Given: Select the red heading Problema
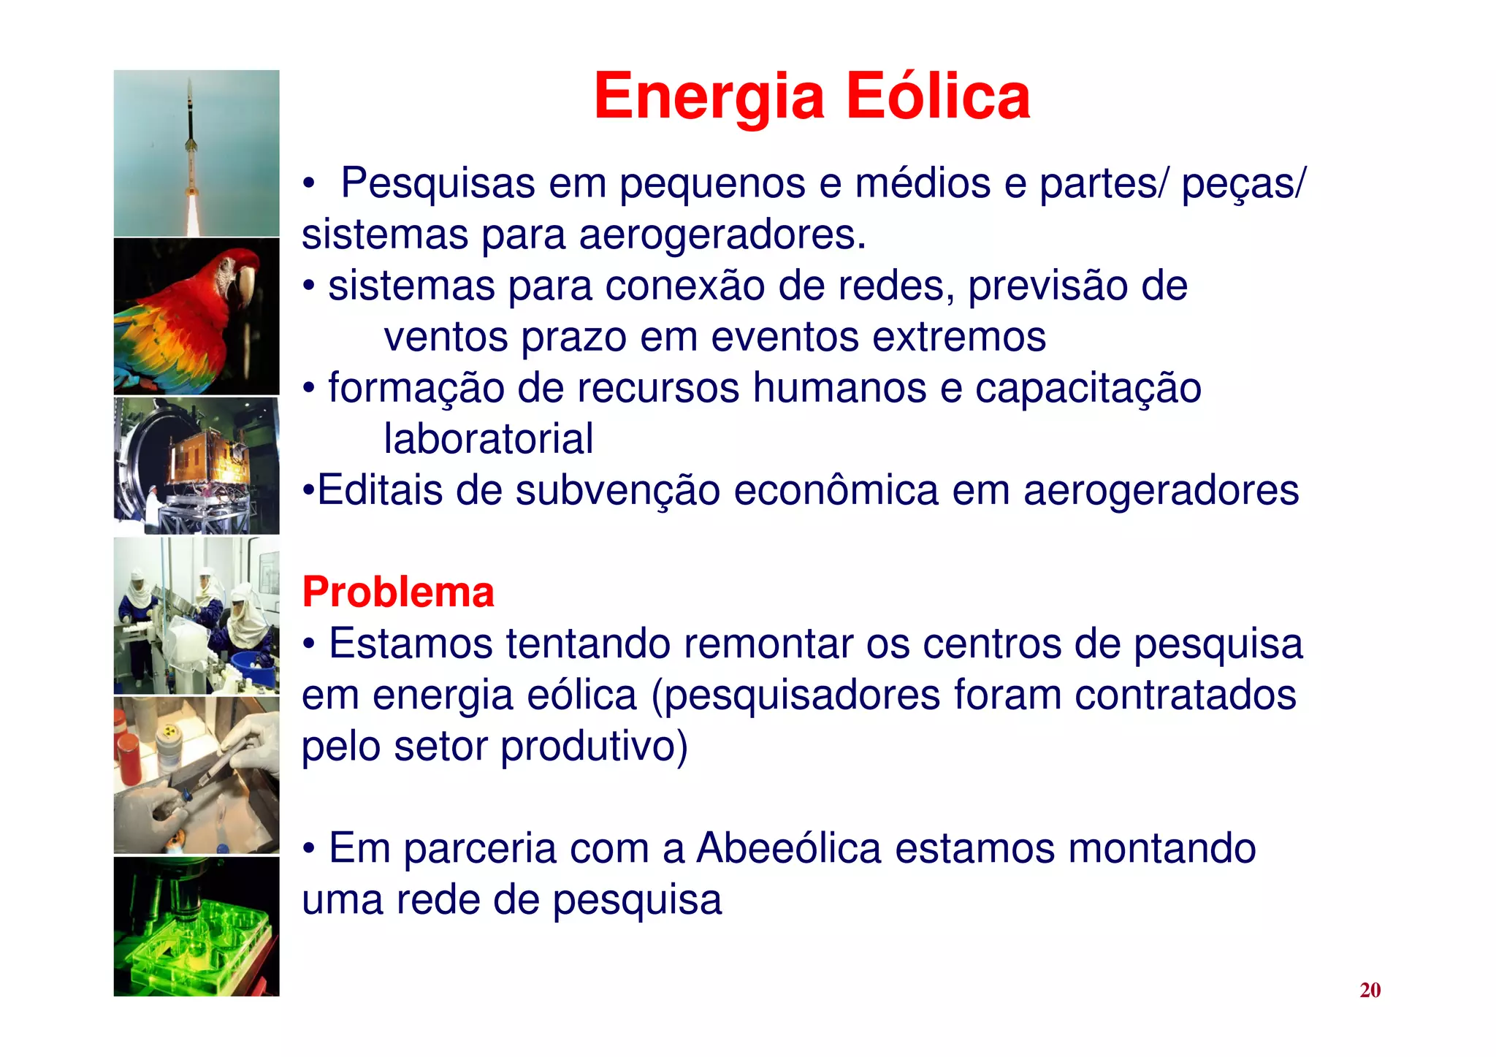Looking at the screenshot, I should tap(398, 592).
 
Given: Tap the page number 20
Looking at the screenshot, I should tap(1370, 990).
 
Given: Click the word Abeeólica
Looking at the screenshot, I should tap(789, 848).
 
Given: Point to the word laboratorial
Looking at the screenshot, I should tap(488, 439).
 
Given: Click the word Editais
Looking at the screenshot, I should tap(380, 489).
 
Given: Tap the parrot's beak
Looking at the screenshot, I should tap(245, 285).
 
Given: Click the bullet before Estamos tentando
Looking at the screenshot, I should tap(310, 644).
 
